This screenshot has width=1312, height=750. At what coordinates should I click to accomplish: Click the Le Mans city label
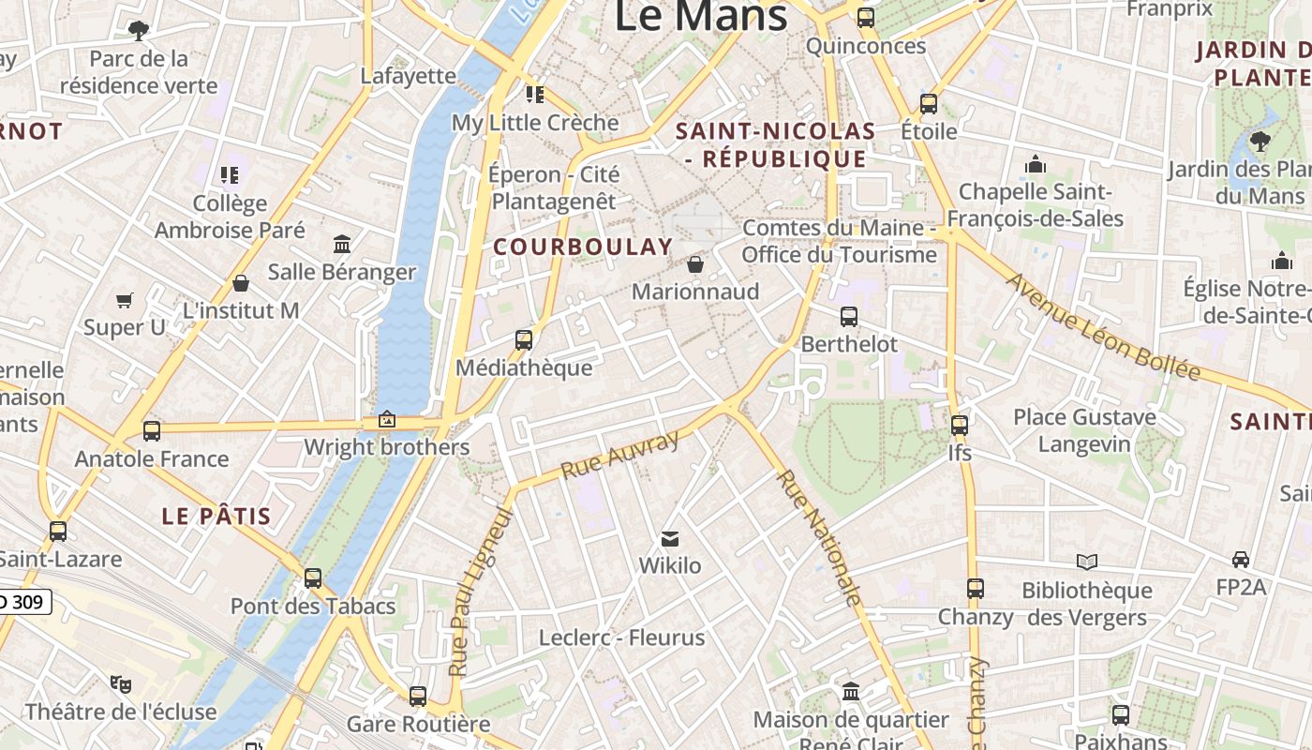coord(701,16)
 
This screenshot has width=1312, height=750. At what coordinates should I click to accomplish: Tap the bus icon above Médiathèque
coord(524,339)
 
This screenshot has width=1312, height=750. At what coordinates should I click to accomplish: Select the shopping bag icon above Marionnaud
coord(695,264)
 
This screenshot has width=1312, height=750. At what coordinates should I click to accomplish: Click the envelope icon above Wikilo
coord(670,539)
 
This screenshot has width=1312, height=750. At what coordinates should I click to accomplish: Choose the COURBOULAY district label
coord(583,247)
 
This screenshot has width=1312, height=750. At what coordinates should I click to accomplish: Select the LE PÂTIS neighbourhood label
coord(216,516)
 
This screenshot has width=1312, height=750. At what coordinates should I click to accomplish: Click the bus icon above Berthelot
coord(849,317)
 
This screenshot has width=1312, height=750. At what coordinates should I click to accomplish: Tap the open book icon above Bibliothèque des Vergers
coord(1087,562)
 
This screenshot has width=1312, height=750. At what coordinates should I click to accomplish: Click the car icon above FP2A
coord(1241,560)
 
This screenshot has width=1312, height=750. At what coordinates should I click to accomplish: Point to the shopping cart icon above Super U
coord(125,300)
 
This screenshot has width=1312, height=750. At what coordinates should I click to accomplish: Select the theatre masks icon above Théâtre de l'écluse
coord(120,683)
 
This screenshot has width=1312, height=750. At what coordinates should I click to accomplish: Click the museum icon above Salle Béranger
coord(342,244)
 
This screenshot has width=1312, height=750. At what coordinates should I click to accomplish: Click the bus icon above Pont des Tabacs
coord(313,578)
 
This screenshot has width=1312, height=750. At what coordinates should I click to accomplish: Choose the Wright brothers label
coord(386,447)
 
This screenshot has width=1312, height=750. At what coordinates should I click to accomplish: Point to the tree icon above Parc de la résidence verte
coord(139,30)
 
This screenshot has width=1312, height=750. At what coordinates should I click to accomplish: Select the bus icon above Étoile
coord(929,104)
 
